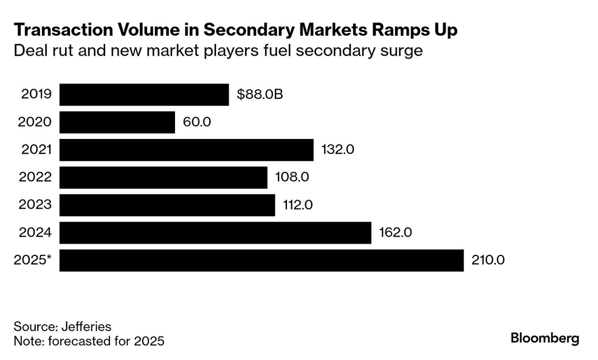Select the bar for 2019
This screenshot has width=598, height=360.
(x=144, y=94)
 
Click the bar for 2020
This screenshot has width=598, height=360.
(x=117, y=122)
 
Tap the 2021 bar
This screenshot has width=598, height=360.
(x=186, y=150)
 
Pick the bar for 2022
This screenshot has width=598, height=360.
(x=163, y=177)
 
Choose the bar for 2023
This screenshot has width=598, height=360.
(x=167, y=205)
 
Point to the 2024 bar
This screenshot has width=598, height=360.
(x=215, y=232)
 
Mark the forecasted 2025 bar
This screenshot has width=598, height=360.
(x=262, y=260)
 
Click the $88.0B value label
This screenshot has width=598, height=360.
(x=260, y=94)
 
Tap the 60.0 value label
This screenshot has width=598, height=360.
(x=197, y=122)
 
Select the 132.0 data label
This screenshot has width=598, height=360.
(x=337, y=150)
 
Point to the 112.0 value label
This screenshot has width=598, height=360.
(x=298, y=205)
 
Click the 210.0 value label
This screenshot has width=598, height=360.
(x=488, y=260)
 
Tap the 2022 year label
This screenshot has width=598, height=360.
(x=35, y=177)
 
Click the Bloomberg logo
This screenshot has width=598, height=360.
(x=545, y=338)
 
